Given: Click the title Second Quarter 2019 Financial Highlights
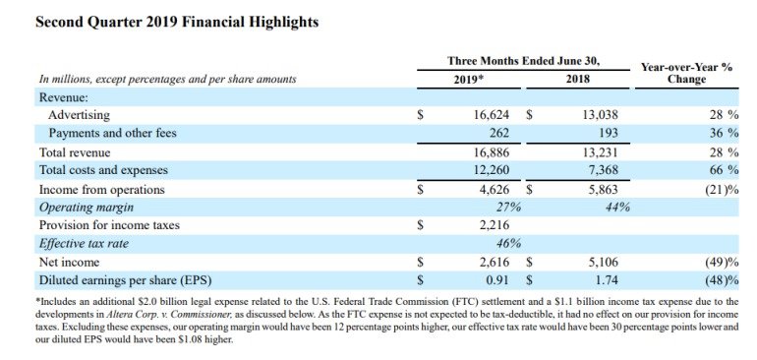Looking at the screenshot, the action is (177, 23).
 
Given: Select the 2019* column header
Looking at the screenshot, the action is (469, 79).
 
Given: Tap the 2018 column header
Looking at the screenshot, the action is (577, 79).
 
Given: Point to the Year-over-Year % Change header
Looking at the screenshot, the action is (686, 73).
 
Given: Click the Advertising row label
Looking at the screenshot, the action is (79, 115).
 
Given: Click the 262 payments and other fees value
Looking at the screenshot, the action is (498, 133).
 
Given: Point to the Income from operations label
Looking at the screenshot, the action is (102, 190).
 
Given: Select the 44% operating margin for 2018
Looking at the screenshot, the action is (617, 208).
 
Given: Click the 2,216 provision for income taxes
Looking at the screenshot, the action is (493, 225).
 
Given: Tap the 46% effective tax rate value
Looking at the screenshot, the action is (508, 244).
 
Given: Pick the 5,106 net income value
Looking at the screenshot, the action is (602, 263).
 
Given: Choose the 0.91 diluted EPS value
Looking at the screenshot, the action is (497, 280).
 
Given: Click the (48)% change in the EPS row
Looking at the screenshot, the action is (723, 280).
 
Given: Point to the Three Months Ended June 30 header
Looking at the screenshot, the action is (523, 61).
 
